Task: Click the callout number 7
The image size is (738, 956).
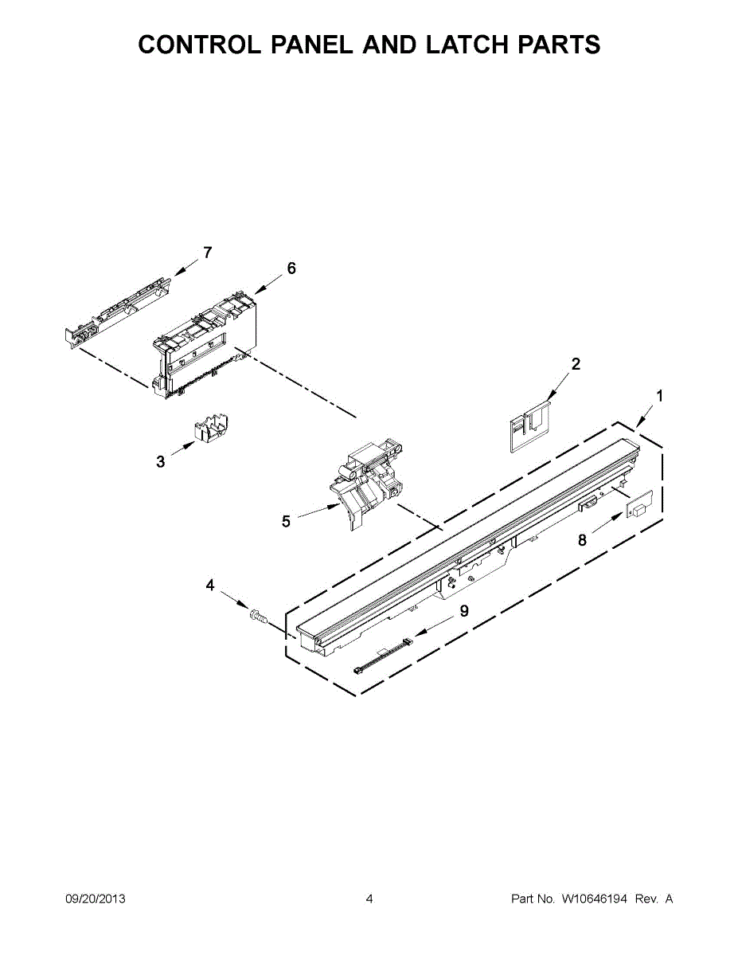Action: tap(207, 253)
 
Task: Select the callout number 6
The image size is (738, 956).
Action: tap(291, 268)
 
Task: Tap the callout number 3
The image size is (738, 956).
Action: tap(161, 461)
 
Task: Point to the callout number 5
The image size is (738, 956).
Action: tap(286, 522)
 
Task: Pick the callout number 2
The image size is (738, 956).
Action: tap(576, 364)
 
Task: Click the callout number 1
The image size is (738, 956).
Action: tap(659, 396)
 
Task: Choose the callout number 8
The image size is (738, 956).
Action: tap(583, 540)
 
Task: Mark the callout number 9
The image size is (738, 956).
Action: tap(463, 611)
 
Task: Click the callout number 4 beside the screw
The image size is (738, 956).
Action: tap(210, 586)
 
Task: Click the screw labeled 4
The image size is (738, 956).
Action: tap(256, 616)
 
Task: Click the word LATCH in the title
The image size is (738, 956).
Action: tap(468, 45)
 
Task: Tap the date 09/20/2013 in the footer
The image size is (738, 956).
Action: tap(95, 899)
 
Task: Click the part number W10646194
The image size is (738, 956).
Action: tap(595, 899)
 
